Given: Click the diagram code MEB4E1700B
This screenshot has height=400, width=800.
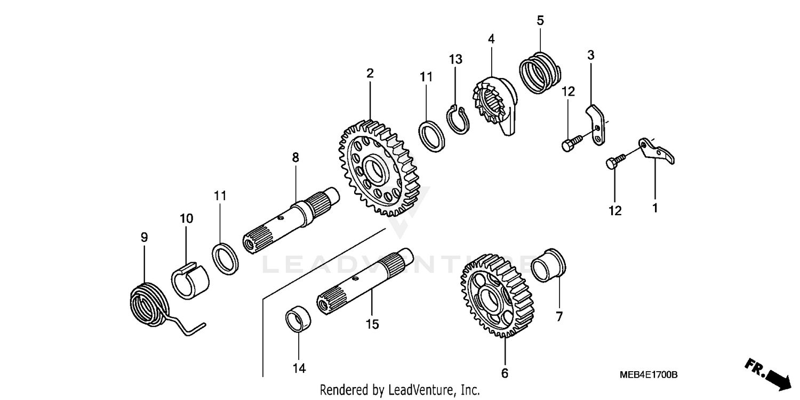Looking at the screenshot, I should click(648, 375).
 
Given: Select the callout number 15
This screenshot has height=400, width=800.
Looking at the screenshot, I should click(372, 324).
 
